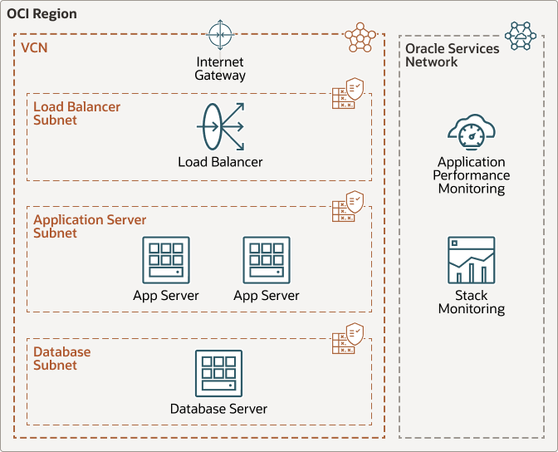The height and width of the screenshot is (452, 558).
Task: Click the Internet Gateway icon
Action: click(x=220, y=35)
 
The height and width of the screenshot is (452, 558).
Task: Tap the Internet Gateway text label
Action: click(x=220, y=69)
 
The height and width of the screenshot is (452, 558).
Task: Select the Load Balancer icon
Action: click(x=220, y=126)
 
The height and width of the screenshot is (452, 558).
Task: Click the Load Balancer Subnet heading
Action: click(x=76, y=114)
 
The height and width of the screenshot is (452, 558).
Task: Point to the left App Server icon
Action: click(x=166, y=260)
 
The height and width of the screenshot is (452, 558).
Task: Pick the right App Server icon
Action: click(x=267, y=260)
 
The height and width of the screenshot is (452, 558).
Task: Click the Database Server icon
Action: click(x=219, y=373)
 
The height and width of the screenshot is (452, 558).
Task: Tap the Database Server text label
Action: click(x=219, y=409)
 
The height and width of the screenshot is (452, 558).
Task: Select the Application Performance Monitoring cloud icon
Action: click(x=472, y=131)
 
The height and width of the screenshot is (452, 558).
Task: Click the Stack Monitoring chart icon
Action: click(x=472, y=260)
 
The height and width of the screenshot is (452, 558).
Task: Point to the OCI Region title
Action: click(x=42, y=14)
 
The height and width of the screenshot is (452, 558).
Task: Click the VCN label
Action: click(x=34, y=48)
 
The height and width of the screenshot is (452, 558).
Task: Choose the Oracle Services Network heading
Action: click(x=452, y=55)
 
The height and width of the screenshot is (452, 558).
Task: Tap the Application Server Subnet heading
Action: click(x=89, y=227)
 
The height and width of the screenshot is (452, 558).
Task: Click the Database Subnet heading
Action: click(x=61, y=359)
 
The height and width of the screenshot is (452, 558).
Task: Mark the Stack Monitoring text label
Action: click(x=472, y=302)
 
